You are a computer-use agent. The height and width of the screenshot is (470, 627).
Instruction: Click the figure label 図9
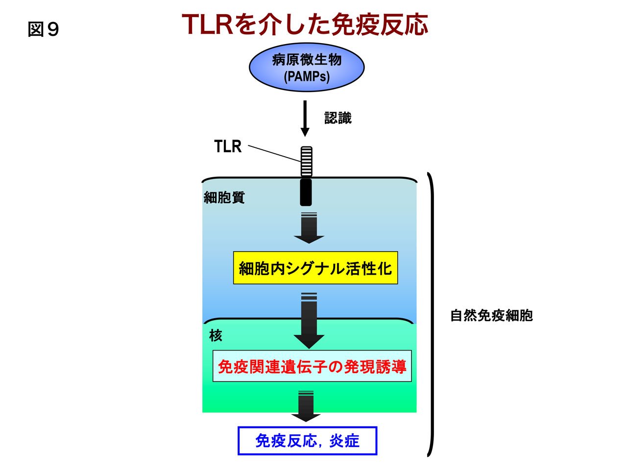43,29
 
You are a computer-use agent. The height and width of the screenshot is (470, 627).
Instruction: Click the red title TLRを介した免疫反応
305,24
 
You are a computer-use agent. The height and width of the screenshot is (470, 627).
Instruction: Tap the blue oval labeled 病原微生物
307,68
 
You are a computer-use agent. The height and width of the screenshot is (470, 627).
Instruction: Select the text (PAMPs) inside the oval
307,76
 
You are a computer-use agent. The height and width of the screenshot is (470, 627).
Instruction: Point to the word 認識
338,117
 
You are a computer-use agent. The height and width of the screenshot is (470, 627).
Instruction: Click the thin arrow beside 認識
305,118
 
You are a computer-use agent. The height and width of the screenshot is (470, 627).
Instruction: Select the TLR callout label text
228,146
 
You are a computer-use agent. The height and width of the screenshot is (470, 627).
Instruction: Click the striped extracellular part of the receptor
306,162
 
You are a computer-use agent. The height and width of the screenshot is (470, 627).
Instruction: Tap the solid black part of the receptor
306,192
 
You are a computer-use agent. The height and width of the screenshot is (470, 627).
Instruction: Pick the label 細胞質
224,197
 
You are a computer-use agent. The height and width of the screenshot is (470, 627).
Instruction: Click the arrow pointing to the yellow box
309,228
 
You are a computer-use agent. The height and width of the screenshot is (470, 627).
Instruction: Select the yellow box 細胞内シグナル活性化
315,268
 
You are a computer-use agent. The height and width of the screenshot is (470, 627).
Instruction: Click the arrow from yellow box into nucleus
309,321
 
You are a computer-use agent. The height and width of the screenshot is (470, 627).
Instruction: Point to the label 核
216,335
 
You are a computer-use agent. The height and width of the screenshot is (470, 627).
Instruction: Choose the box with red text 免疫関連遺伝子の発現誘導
312,366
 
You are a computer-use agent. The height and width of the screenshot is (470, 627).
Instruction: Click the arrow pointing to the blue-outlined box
306,406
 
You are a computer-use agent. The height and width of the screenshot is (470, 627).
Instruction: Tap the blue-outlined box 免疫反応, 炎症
307,441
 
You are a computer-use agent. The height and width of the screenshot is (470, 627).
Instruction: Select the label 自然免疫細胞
491,316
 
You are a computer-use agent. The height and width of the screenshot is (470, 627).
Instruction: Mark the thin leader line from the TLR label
274,154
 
